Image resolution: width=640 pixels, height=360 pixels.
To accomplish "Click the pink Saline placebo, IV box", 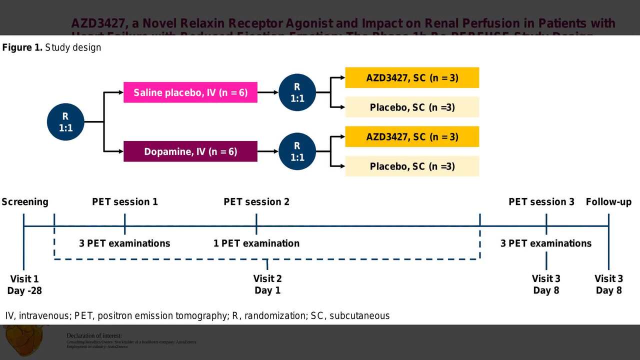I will (190, 92).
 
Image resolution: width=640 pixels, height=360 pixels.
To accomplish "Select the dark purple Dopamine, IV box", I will (190, 151).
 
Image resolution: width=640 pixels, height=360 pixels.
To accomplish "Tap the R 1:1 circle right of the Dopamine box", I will (297, 151).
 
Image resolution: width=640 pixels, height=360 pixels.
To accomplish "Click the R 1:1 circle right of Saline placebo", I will (297, 92).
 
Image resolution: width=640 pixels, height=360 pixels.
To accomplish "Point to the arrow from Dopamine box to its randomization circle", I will (268, 151).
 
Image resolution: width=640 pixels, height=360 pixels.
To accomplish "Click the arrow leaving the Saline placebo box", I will (268, 92).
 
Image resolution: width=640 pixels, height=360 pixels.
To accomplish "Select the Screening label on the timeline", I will (25, 202).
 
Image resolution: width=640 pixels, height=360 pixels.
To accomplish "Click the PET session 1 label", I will (125, 202).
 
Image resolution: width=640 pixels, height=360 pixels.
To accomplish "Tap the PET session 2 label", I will (256, 202).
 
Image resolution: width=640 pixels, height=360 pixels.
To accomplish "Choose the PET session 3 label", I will (541, 202).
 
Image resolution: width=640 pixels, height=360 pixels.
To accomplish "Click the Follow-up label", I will (608, 202).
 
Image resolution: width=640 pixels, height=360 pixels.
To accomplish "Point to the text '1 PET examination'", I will (256, 243).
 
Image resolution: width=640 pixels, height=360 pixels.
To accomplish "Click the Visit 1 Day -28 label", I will (24, 284).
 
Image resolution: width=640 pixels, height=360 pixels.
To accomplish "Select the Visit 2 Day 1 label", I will (267, 284).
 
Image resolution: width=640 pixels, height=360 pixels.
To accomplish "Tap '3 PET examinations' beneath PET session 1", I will (124, 243).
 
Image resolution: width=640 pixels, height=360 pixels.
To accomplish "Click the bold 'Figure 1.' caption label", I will (22, 47).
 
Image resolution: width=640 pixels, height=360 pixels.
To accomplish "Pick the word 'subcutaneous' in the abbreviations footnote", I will (359, 315).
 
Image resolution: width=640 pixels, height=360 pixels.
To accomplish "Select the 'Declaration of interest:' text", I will (94, 335).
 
